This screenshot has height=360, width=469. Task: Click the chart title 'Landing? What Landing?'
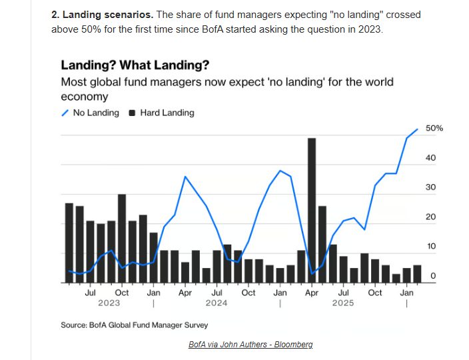pyautogui.click(x=135, y=65)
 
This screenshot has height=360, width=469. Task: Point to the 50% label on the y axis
pyautogui.click(x=434, y=128)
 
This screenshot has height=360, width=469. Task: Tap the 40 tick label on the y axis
pyautogui.click(x=431, y=158)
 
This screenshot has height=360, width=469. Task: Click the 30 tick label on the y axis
pyautogui.click(x=431, y=187)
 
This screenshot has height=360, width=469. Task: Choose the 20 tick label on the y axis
pyautogui.click(x=431, y=217)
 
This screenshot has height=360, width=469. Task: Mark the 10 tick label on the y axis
pyautogui.click(x=431, y=247)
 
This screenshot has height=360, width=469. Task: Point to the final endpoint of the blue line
pyautogui.click(x=418, y=129)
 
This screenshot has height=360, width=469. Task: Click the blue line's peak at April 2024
pyautogui.click(x=185, y=177)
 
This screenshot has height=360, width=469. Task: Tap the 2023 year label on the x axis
pyautogui.click(x=109, y=303)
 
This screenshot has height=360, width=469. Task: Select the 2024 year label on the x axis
pyautogui.click(x=217, y=303)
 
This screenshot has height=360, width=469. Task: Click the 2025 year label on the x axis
pyautogui.click(x=343, y=303)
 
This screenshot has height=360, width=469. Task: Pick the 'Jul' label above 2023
pyautogui.click(x=91, y=293)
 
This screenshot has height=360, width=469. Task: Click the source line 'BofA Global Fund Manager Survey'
pyautogui.click(x=135, y=325)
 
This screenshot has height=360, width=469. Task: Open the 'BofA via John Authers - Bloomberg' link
pyautogui.click(x=250, y=345)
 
